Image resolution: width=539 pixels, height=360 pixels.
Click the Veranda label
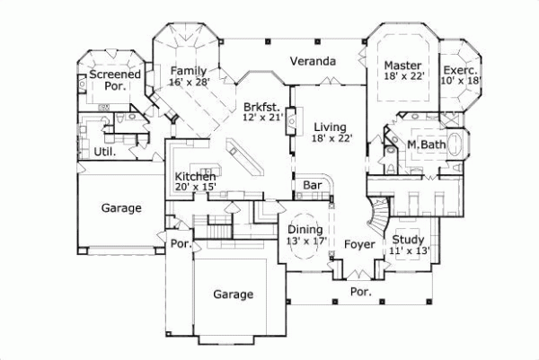(x=313, y=62)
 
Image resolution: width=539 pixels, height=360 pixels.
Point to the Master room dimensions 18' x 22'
(x=402, y=79)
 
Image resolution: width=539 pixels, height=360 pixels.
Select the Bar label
(x=312, y=185)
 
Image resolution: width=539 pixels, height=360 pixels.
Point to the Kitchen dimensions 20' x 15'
(x=195, y=187)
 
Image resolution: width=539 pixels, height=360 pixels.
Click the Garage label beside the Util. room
(x=120, y=208)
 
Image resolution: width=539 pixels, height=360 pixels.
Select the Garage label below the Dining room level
(x=233, y=294)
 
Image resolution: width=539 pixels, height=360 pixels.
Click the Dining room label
(x=305, y=228)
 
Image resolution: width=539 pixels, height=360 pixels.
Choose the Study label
(x=409, y=239)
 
